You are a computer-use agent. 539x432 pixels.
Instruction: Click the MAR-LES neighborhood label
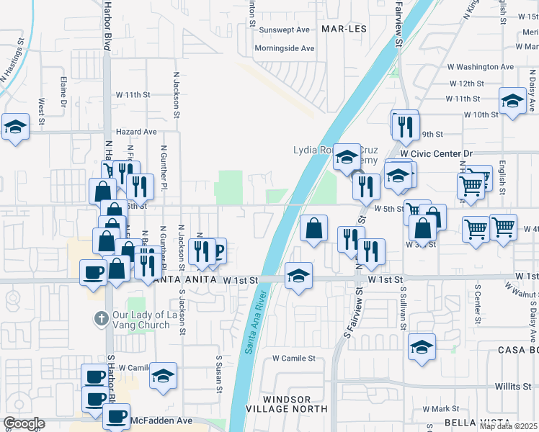click(x=344, y=29)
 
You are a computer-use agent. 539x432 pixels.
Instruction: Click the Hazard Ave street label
click(x=137, y=132)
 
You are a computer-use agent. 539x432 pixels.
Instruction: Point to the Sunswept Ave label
click(x=284, y=30)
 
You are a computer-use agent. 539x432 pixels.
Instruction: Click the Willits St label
click(x=512, y=387)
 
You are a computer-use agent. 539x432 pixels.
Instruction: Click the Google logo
click(x=24, y=423)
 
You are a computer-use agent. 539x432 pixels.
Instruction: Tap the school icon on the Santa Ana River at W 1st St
click(x=298, y=275)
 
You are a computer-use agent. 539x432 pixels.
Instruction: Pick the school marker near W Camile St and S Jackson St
click(x=164, y=375)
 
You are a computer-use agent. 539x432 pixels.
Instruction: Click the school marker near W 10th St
click(x=512, y=100)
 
